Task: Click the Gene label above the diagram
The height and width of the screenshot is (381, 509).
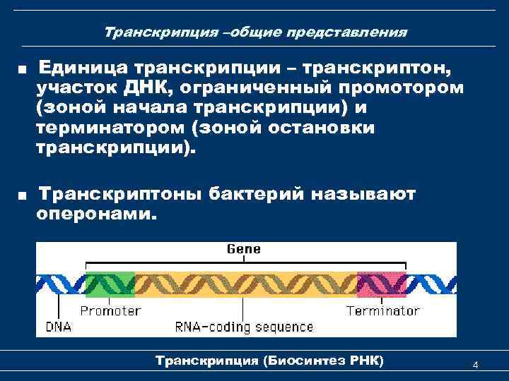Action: pos(243,248)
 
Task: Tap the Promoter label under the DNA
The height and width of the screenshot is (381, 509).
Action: pos(110,310)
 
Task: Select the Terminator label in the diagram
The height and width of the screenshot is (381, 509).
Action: pos(382,310)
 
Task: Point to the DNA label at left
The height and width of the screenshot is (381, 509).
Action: pos(59,327)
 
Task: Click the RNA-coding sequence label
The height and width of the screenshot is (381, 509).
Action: pos(244,327)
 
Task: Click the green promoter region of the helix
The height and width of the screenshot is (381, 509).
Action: pos(110,286)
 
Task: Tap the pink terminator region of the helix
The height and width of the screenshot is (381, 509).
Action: pos(382,286)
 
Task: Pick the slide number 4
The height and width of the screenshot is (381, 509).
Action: pos(475,365)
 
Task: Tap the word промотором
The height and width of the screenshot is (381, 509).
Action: pos(402,88)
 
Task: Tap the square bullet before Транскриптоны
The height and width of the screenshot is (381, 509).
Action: pos(23,195)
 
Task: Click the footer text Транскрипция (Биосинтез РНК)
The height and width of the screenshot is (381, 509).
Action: pos(269,361)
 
